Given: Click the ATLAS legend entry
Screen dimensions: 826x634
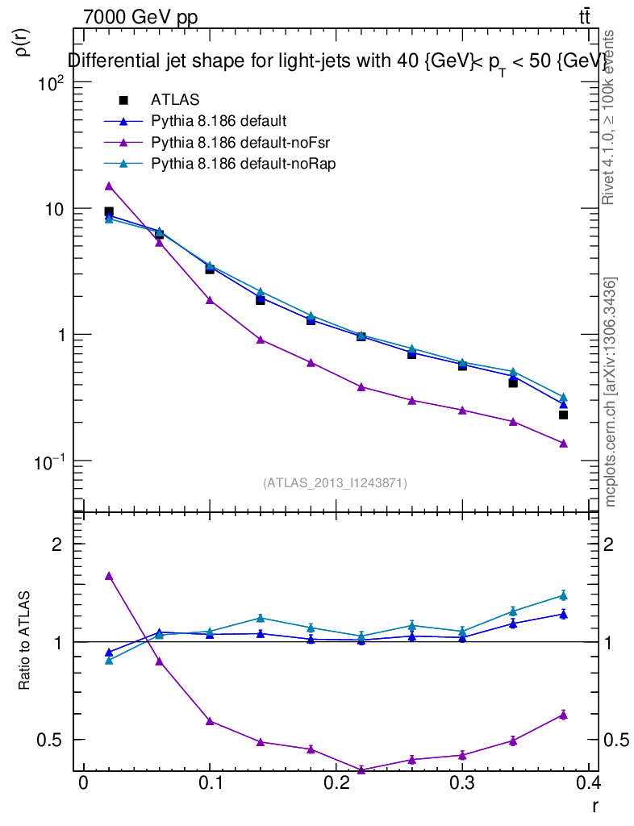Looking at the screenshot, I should pyautogui.click(x=175, y=100).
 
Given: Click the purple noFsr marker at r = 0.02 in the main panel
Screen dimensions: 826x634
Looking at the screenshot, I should pyautogui.click(x=109, y=186).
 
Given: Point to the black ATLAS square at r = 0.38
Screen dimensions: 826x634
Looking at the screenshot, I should pyautogui.click(x=563, y=415).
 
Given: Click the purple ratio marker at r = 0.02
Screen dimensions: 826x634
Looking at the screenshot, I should pyautogui.click(x=109, y=576).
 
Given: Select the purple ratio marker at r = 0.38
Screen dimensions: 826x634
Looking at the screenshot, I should pyautogui.click(x=563, y=715).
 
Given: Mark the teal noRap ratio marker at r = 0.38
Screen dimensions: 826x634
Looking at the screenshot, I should pyautogui.click(x=563, y=595).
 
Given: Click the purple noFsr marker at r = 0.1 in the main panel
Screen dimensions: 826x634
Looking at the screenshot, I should pyautogui.click(x=210, y=300).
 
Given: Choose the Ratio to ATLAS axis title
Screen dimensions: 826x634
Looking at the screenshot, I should pyautogui.click(x=25, y=640).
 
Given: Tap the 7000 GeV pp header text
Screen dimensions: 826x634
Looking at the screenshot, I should pyautogui.click(x=140, y=17).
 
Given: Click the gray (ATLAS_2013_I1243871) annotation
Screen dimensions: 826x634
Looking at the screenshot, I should pyautogui.click(x=335, y=483).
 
